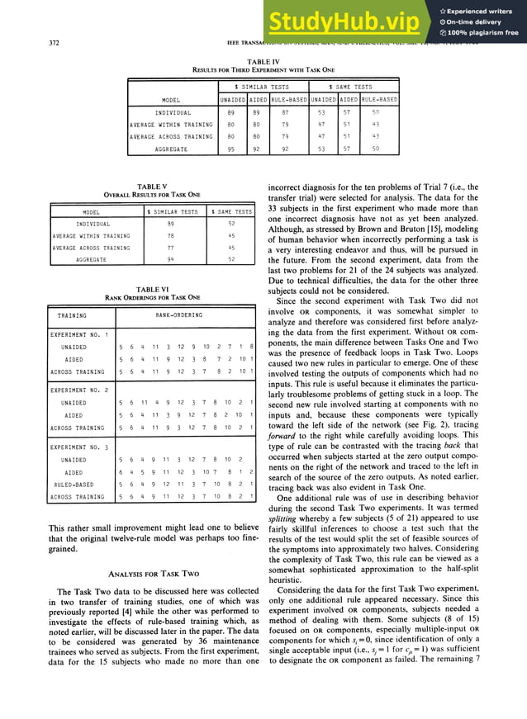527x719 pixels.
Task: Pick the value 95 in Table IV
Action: (232, 149)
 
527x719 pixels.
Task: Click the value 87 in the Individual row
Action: (284, 112)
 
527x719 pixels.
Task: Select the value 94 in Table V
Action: (171, 259)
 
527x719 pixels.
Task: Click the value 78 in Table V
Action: (171, 235)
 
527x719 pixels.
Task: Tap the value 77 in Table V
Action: (171, 248)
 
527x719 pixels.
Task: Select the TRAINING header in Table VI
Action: (72, 315)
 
